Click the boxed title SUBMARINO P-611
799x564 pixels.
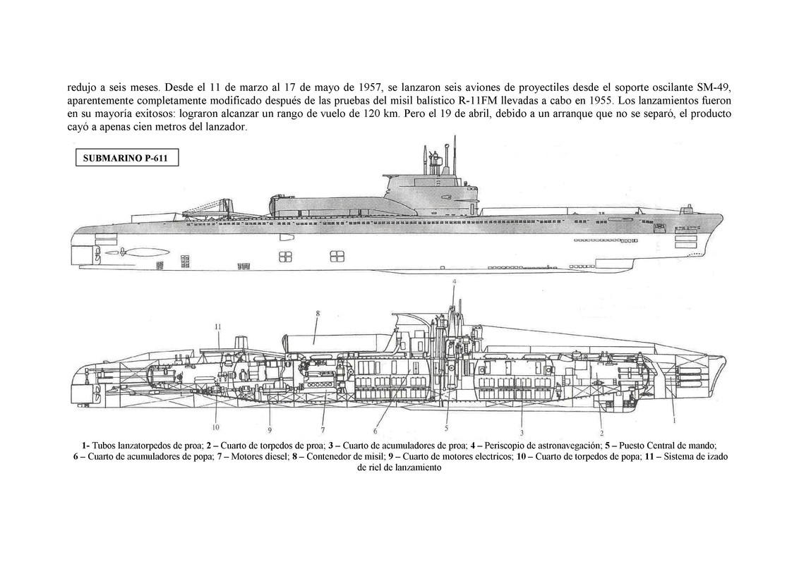126,159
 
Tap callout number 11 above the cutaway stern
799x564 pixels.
219,326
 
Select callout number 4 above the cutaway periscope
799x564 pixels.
455,281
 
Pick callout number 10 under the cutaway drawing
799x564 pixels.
215,427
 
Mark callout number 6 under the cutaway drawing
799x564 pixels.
376,431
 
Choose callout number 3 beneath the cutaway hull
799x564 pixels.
521,432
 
